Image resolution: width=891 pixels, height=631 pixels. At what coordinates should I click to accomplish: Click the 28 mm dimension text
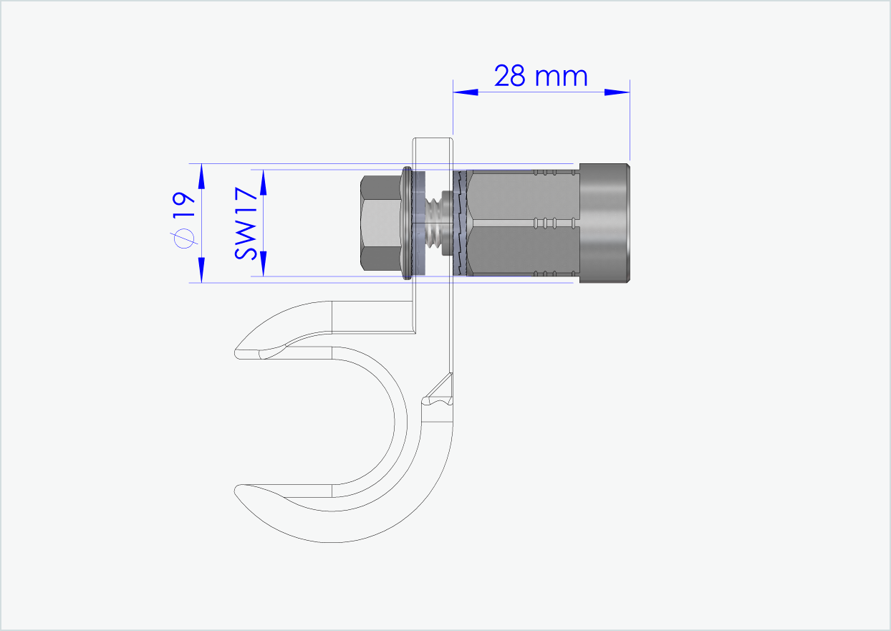541,75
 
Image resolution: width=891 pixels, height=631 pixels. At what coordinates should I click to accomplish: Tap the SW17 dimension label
246,223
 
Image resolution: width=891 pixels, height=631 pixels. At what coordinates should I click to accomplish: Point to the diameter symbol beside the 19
184,239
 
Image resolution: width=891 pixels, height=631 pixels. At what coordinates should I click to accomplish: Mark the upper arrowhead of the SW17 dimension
263,182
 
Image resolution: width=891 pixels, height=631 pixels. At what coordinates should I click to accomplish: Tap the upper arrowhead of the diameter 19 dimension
201,175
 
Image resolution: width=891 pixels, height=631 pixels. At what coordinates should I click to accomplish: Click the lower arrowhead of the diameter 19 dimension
201,270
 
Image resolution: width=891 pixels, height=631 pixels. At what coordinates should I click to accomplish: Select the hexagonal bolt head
380,223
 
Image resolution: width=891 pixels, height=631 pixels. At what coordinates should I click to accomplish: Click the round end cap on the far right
605,223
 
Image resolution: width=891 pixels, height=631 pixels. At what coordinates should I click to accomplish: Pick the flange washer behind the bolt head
408,223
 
